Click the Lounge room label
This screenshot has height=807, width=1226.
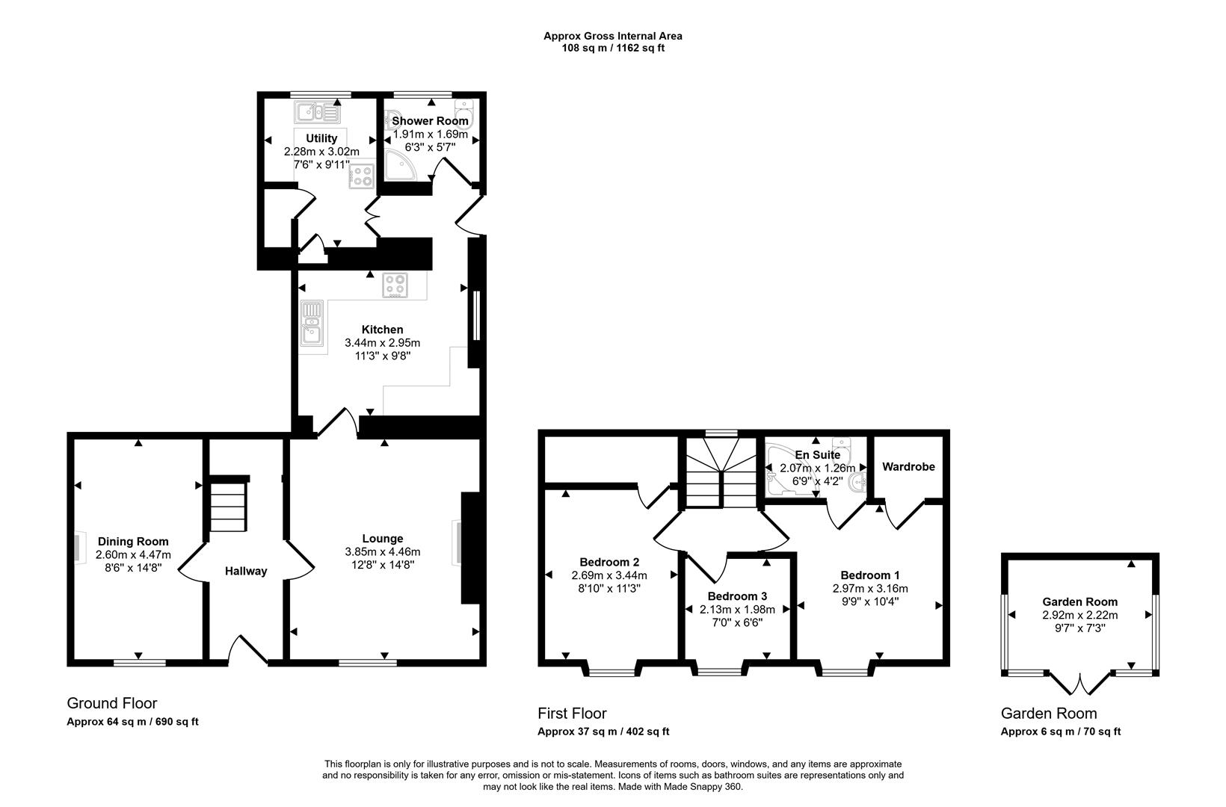(x=382, y=538)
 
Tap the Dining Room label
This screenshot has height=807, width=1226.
(x=133, y=541)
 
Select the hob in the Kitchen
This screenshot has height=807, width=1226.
(x=395, y=285)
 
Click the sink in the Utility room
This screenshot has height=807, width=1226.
(x=318, y=113)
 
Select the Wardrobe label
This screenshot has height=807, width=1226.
(x=908, y=466)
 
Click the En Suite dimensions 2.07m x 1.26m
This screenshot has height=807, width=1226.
(x=817, y=468)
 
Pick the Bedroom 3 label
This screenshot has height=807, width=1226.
(x=737, y=596)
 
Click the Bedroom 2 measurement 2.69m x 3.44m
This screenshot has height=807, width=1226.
(x=609, y=575)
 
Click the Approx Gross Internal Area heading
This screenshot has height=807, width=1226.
(x=612, y=35)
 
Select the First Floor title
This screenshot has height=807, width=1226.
(x=572, y=713)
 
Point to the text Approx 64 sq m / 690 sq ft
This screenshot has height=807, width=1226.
(x=132, y=722)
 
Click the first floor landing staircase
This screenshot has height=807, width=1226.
(x=720, y=471)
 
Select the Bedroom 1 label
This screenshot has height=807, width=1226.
(x=869, y=575)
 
